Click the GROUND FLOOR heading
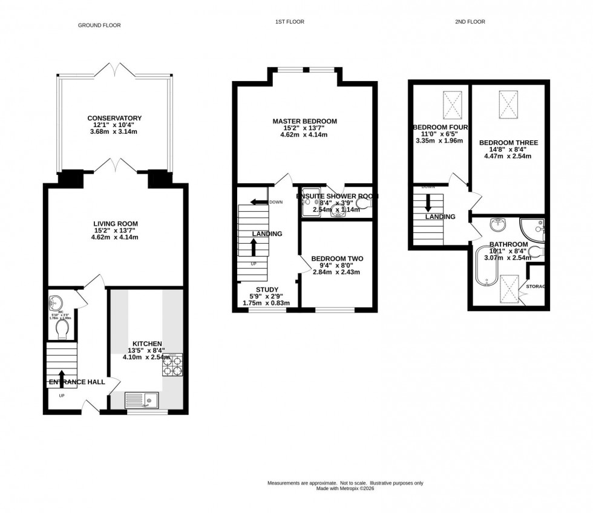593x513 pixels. (99, 25)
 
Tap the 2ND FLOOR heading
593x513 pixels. (470, 22)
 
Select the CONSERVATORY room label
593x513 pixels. (114, 118)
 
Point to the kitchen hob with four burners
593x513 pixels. (172, 365)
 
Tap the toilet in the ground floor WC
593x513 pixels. (61, 329)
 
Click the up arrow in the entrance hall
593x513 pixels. (62, 376)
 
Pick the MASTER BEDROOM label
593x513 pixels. (304, 122)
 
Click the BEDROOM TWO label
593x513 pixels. (337, 259)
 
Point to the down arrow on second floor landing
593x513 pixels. (428, 202)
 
